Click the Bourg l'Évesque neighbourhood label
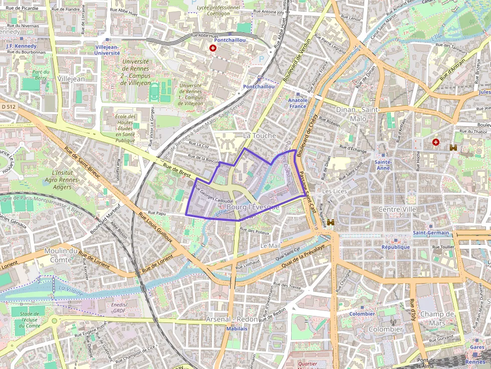253,207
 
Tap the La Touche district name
259,136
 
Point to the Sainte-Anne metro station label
383,165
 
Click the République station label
395,247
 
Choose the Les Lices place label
334,191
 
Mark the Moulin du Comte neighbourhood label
65,255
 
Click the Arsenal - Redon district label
232,319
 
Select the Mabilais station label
237,329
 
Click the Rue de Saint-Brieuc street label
83,163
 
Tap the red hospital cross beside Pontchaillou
213,48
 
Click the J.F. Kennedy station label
22,46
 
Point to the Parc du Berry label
40,75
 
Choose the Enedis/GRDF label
119,307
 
